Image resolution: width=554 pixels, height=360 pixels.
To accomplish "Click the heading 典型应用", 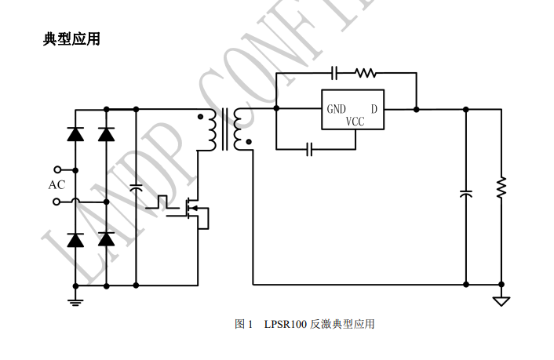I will pyautogui.click(x=71, y=38).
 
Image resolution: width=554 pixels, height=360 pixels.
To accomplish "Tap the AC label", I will pyautogui.click(x=56, y=185).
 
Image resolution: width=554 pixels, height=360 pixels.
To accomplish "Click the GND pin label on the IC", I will pyautogui.click(x=337, y=109).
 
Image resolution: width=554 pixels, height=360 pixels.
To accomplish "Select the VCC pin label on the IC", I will pyautogui.click(x=355, y=122).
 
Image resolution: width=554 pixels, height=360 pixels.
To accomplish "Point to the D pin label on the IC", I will pyautogui.click(x=374, y=109).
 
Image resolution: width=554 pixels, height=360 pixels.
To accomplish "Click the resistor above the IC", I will pyautogui.click(x=365, y=73).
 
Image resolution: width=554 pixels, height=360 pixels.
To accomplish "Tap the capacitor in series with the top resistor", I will pyautogui.click(x=334, y=73).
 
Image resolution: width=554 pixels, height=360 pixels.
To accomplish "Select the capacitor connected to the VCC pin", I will pyautogui.click(x=309, y=148).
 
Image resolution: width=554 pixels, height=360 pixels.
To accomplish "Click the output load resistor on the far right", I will pyautogui.click(x=501, y=187).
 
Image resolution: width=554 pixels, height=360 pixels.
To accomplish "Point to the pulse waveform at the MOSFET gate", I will pyautogui.click(x=162, y=202).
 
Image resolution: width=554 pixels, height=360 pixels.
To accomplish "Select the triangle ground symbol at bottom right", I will pyautogui.click(x=501, y=300).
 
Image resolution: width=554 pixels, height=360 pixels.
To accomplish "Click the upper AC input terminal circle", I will pyautogui.click(x=56, y=169).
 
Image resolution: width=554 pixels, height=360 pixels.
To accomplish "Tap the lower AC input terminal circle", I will pyautogui.click(x=56, y=202).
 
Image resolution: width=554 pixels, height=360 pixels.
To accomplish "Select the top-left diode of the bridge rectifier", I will pyautogui.click(x=75, y=134).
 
